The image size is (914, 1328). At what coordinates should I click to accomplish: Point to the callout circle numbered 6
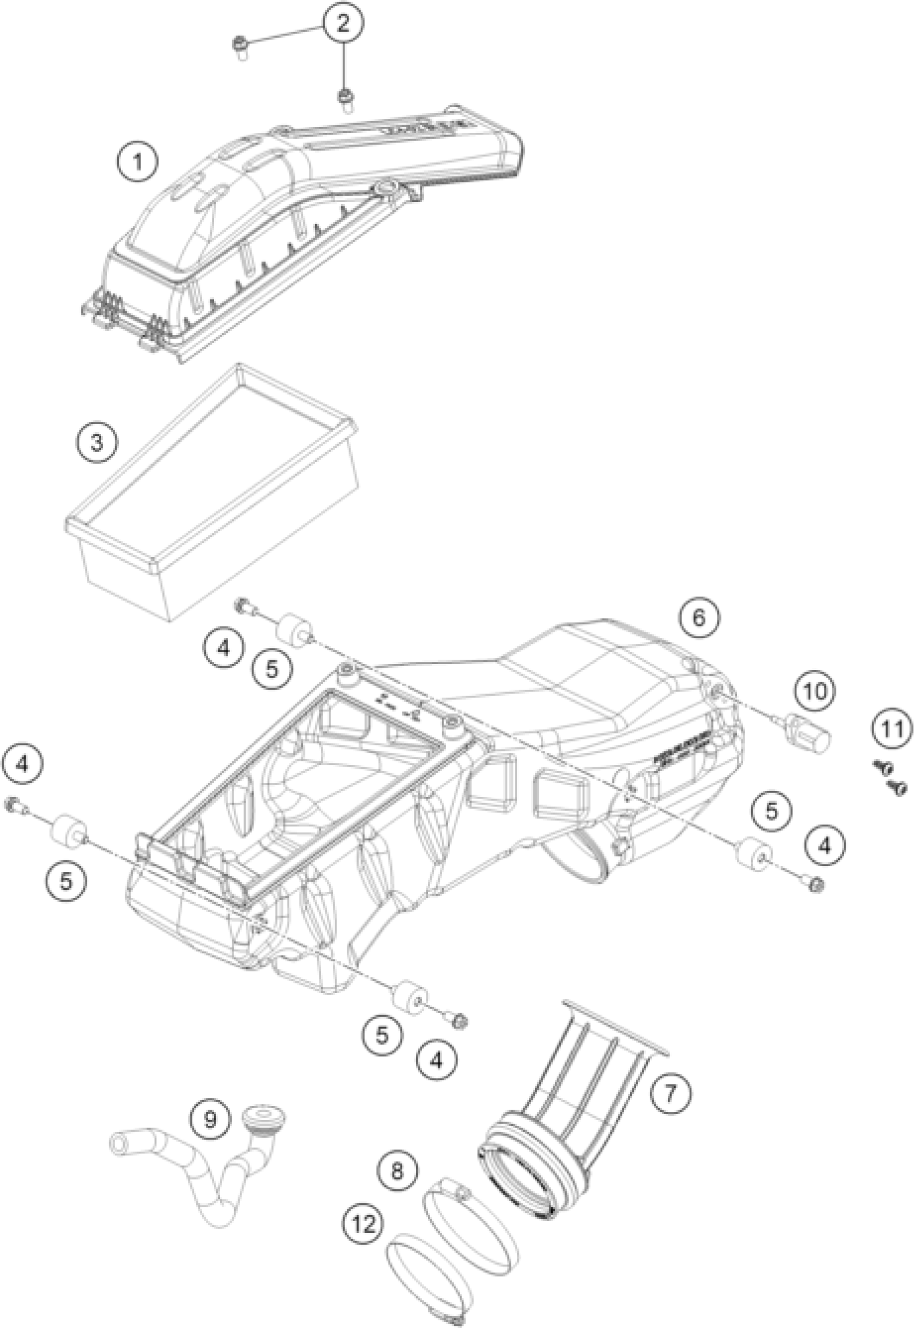(x=700, y=618)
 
